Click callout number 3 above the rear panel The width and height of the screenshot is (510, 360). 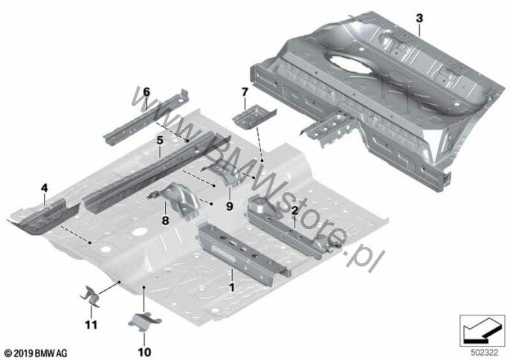419,19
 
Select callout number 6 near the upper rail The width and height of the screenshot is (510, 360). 146,92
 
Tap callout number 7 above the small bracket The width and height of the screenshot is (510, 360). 245,92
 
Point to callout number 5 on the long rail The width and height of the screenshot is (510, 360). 159,141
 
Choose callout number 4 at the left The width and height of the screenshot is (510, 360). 45,188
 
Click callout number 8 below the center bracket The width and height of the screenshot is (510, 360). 166,221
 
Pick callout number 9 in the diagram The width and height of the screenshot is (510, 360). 230,206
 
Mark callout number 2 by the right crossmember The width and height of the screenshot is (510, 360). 294,210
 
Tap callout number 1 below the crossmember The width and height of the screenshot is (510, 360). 232,287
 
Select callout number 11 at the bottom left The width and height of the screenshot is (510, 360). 91,325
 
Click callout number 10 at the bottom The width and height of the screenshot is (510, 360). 144,352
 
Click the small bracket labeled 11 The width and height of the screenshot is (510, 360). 91,297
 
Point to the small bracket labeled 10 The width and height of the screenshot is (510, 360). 145,321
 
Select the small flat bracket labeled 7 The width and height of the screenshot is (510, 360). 254,116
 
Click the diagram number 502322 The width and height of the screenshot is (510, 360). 484,353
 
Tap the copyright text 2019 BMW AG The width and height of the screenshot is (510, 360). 36,353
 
